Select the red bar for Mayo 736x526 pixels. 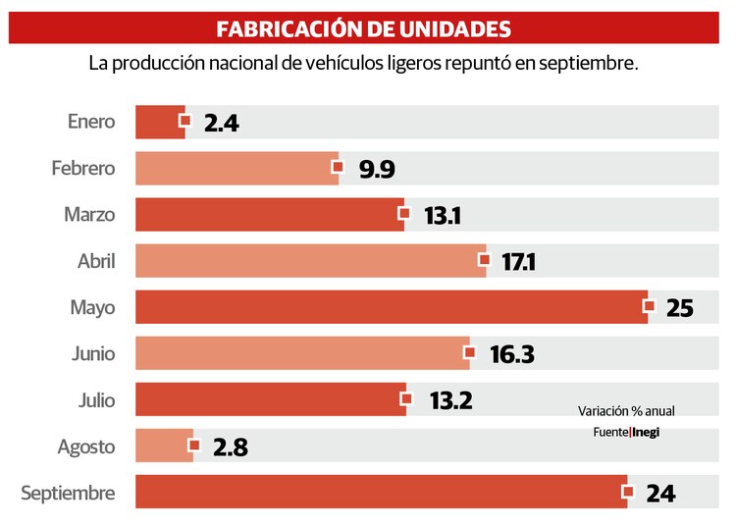click(x=391, y=307)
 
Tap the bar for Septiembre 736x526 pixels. click(x=381, y=493)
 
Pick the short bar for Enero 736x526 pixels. click(x=159, y=122)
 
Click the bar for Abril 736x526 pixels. click(x=310, y=261)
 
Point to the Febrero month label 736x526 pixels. click(x=83, y=169)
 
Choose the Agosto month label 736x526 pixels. click(x=86, y=447)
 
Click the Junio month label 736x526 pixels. click(x=93, y=353)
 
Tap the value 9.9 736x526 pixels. click(x=377, y=170)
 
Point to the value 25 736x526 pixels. click(x=680, y=308)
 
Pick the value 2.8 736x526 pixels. click(x=229, y=447)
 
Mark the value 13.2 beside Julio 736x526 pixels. click(x=450, y=400)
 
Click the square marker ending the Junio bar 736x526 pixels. click(x=470, y=352)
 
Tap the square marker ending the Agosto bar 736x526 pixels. click(x=193, y=446)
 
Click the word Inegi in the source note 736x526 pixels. click(x=646, y=432)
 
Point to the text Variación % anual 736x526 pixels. click(x=626, y=411)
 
